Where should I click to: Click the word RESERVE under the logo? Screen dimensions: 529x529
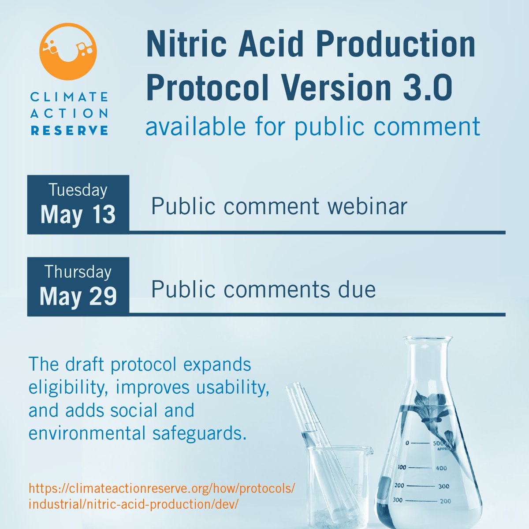(68, 130)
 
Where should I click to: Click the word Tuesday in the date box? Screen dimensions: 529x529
(78, 190)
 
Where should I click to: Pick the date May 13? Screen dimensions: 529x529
(78, 214)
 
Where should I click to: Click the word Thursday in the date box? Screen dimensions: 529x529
(78, 272)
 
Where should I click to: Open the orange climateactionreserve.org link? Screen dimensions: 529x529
(161, 496)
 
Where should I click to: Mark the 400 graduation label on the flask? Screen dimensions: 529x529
(441, 469)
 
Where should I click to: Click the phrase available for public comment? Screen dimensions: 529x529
(313, 126)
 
